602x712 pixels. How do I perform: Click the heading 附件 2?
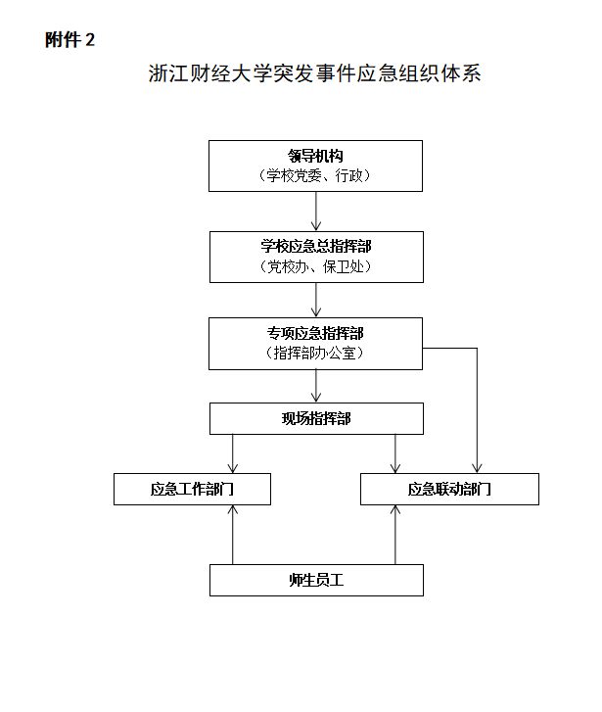69,40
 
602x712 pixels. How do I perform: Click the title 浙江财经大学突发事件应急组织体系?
314,73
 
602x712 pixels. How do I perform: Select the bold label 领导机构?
315,156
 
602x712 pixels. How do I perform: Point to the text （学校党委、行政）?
315,175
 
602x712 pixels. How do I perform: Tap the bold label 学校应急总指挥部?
316,246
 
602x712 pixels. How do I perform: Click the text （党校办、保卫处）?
316,266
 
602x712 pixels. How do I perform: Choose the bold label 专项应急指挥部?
315,333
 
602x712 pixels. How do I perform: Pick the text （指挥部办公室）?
315,353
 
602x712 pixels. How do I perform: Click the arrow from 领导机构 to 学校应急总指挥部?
316,212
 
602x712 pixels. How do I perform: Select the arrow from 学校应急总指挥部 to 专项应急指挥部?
316,300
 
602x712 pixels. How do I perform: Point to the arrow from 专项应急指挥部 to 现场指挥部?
316,386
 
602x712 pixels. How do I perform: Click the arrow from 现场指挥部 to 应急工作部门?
232,453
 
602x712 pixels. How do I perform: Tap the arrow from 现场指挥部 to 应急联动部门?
395,453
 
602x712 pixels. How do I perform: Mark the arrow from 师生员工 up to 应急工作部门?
232,535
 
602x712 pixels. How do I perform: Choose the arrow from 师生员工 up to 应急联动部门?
395,535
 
